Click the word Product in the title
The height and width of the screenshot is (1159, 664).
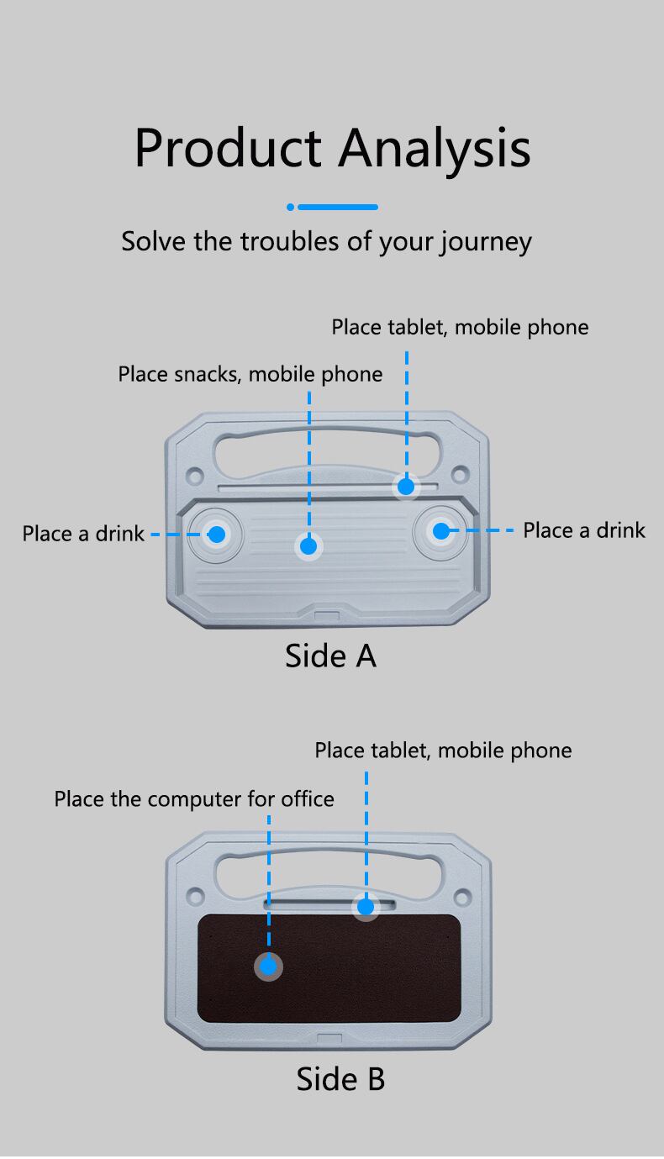click(228, 149)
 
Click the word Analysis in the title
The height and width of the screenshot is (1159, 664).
click(435, 149)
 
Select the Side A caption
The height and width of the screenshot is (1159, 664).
click(330, 656)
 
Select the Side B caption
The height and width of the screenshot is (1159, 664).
click(340, 1079)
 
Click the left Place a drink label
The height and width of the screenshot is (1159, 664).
click(83, 534)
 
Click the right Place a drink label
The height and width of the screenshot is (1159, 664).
click(584, 530)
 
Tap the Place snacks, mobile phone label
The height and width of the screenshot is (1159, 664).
click(250, 374)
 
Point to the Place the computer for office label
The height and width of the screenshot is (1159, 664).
click(194, 798)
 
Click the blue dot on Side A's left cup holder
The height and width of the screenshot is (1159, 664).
click(217, 534)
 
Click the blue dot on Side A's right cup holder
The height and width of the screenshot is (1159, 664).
click(440, 530)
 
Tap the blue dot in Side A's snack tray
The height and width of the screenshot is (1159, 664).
click(308, 546)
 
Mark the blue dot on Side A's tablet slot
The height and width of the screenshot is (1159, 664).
click(407, 486)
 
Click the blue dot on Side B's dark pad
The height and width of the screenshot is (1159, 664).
click(268, 967)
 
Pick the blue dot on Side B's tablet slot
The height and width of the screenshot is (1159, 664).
click(366, 907)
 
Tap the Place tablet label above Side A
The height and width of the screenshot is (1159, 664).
click(460, 327)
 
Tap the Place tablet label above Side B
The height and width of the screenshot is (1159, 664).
click(443, 751)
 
